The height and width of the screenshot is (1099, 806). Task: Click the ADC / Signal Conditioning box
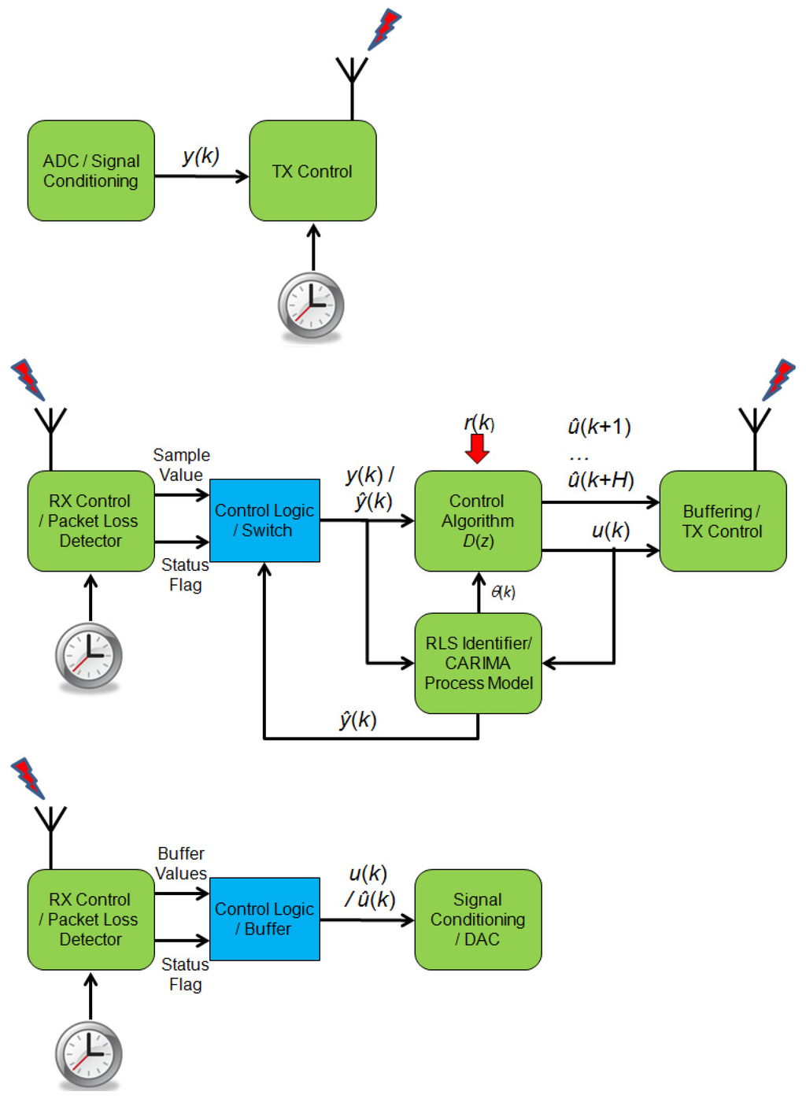coord(91,171)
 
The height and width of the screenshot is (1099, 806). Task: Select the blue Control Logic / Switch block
coord(264,520)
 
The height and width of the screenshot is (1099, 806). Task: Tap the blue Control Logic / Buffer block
coord(264,919)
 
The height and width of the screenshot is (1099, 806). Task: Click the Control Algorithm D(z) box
coord(478,520)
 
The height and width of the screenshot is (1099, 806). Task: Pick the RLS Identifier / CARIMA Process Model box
coord(478,663)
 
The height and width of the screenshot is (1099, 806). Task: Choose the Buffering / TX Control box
coord(723,520)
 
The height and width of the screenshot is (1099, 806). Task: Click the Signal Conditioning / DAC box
coord(478,919)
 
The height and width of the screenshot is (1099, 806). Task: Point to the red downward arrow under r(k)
coord(477,448)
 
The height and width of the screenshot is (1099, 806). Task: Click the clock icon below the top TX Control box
coord(311,305)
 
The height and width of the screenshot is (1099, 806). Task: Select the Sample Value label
coord(181,464)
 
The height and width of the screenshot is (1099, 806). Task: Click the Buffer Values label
coord(181,863)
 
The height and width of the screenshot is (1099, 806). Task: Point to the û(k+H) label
coord(601,479)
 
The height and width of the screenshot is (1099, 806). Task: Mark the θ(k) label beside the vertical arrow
coord(503,592)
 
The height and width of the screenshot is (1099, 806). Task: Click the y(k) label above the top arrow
coord(201,156)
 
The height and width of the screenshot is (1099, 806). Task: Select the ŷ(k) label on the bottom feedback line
coord(357,720)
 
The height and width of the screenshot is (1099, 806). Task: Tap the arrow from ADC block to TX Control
coord(201,176)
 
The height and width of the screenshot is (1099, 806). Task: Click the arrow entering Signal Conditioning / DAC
coord(367,920)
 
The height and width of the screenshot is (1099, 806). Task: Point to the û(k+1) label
coord(599,427)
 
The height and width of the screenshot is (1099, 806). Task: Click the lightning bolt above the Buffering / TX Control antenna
coord(779,379)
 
